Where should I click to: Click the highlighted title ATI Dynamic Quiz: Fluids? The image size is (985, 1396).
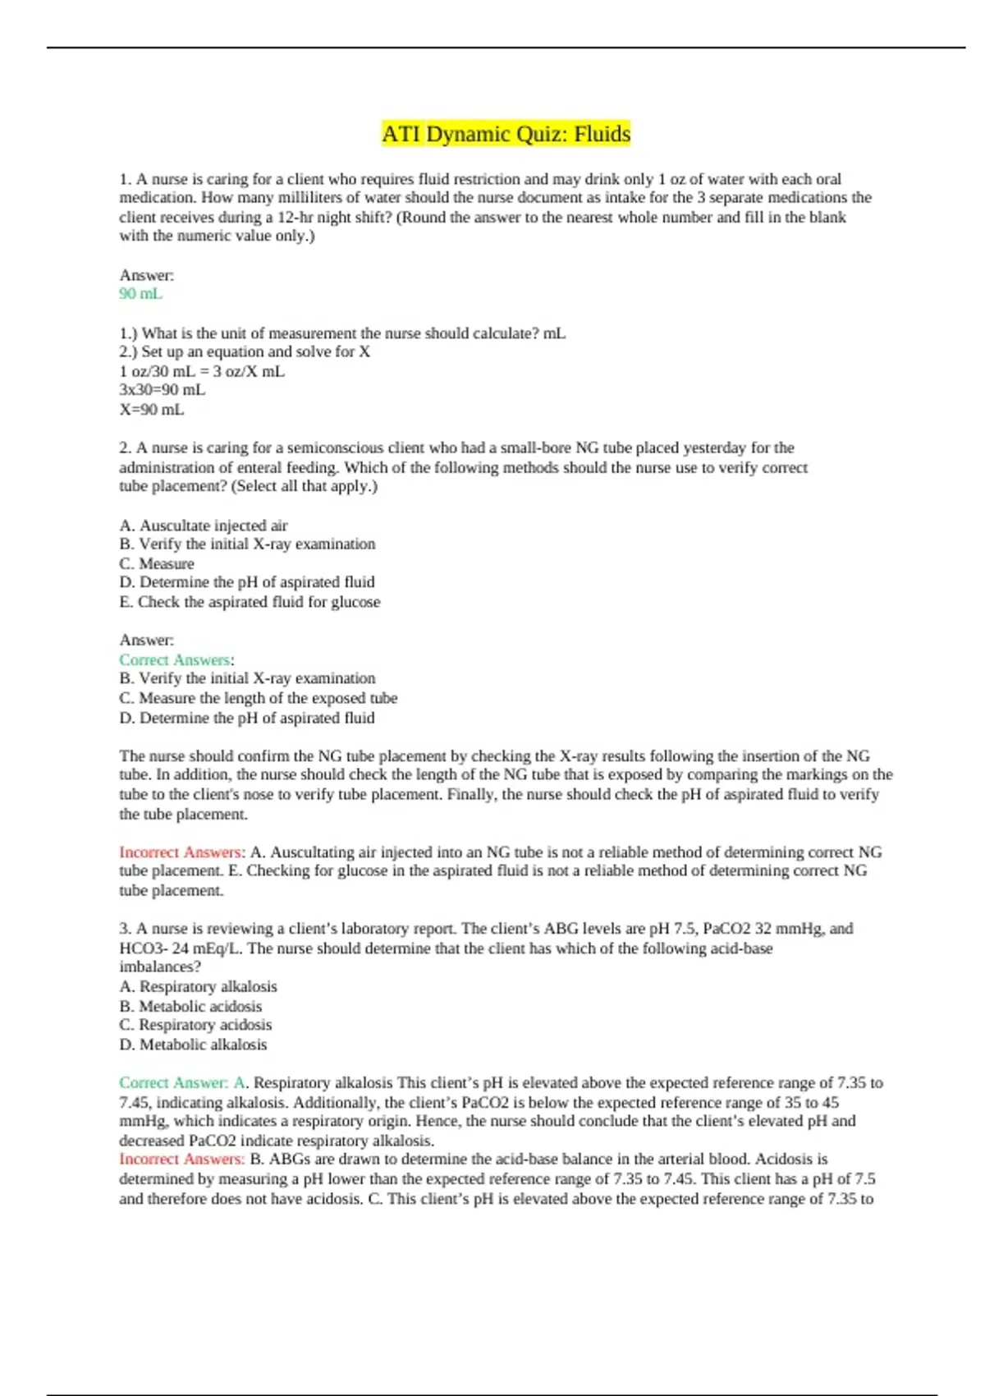point(506,134)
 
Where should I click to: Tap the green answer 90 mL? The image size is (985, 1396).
point(140,294)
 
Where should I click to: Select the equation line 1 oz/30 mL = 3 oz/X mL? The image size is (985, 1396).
point(202,371)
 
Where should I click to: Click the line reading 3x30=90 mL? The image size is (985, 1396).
point(162,390)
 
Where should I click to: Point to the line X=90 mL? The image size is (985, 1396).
point(151,410)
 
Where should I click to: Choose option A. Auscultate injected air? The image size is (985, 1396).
point(204,526)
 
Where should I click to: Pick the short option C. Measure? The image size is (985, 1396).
point(157,564)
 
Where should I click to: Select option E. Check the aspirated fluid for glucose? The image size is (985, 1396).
point(250,602)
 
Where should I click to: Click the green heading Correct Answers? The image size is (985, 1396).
point(176,660)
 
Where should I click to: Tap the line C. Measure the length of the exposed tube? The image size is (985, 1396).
point(258,698)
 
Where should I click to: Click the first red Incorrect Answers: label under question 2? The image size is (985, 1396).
point(182,852)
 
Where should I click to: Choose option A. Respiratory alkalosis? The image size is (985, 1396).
point(198,986)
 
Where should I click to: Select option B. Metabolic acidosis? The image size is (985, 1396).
point(190,1006)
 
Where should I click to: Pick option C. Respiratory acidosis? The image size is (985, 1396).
point(195,1025)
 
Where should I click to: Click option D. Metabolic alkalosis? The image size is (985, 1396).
point(193,1045)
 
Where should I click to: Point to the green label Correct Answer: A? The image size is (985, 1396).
point(182,1083)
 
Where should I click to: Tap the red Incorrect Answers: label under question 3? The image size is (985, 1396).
point(182,1160)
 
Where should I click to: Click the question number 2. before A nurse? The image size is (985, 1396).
point(126,448)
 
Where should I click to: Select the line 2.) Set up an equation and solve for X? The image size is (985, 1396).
point(245,351)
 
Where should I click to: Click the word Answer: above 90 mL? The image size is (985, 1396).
point(146,275)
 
